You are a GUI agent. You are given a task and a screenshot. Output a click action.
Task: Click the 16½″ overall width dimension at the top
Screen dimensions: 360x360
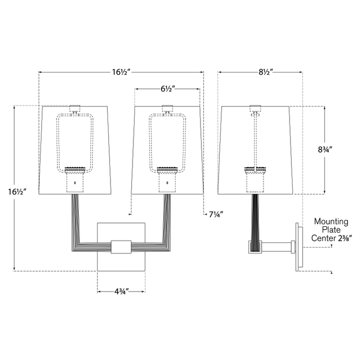[121, 72]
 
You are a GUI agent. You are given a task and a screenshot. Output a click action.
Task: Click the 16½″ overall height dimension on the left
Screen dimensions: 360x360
[17, 191]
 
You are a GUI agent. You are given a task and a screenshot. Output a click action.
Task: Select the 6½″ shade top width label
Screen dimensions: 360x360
[168, 89]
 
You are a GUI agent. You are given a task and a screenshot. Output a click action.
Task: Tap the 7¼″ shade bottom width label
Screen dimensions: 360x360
[216, 214]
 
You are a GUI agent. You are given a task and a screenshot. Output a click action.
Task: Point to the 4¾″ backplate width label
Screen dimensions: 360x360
[121, 291]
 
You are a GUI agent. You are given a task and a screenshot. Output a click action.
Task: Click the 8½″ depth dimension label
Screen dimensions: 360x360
[266, 72]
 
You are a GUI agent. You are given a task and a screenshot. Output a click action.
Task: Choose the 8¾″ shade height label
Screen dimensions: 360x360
[325, 149]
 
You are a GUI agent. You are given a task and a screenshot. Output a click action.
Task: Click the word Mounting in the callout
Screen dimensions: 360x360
[331, 221]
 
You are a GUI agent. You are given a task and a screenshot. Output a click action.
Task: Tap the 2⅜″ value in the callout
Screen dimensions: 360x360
[344, 238]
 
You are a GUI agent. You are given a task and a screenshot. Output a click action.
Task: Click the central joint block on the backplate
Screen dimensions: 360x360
[121, 247]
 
